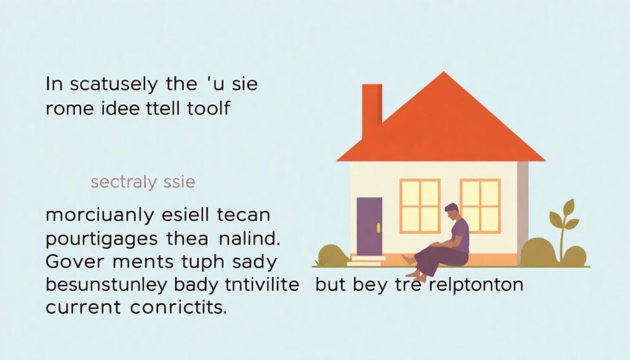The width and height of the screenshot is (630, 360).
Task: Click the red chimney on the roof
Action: click(372, 111)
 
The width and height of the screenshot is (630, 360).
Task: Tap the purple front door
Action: click(369, 226)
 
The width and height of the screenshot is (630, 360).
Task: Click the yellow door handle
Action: click(378, 228)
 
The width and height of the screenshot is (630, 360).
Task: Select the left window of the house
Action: click(420, 206)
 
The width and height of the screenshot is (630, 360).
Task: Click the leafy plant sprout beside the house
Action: click(564, 225)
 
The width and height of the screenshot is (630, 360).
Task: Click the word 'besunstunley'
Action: click(106, 286)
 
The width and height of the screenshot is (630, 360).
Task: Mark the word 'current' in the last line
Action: click(83, 308)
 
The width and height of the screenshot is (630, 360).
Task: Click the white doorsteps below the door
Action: click(365, 260)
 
